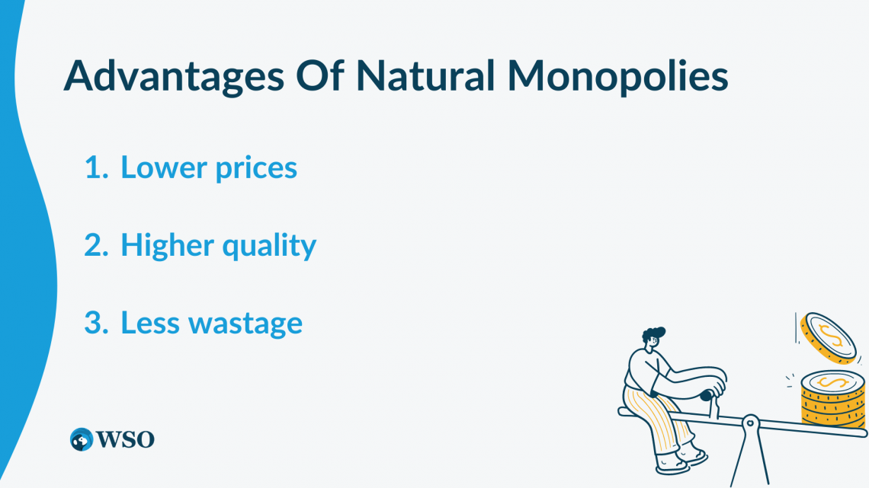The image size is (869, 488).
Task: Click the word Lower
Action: (x=162, y=168)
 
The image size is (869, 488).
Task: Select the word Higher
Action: (x=166, y=245)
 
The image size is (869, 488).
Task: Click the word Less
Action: (x=150, y=323)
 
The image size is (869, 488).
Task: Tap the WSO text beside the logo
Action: (x=124, y=439)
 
